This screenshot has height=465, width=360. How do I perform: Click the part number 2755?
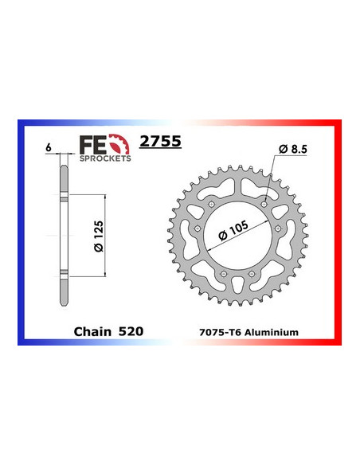159,143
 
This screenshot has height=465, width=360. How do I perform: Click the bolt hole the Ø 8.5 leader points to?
264,205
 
